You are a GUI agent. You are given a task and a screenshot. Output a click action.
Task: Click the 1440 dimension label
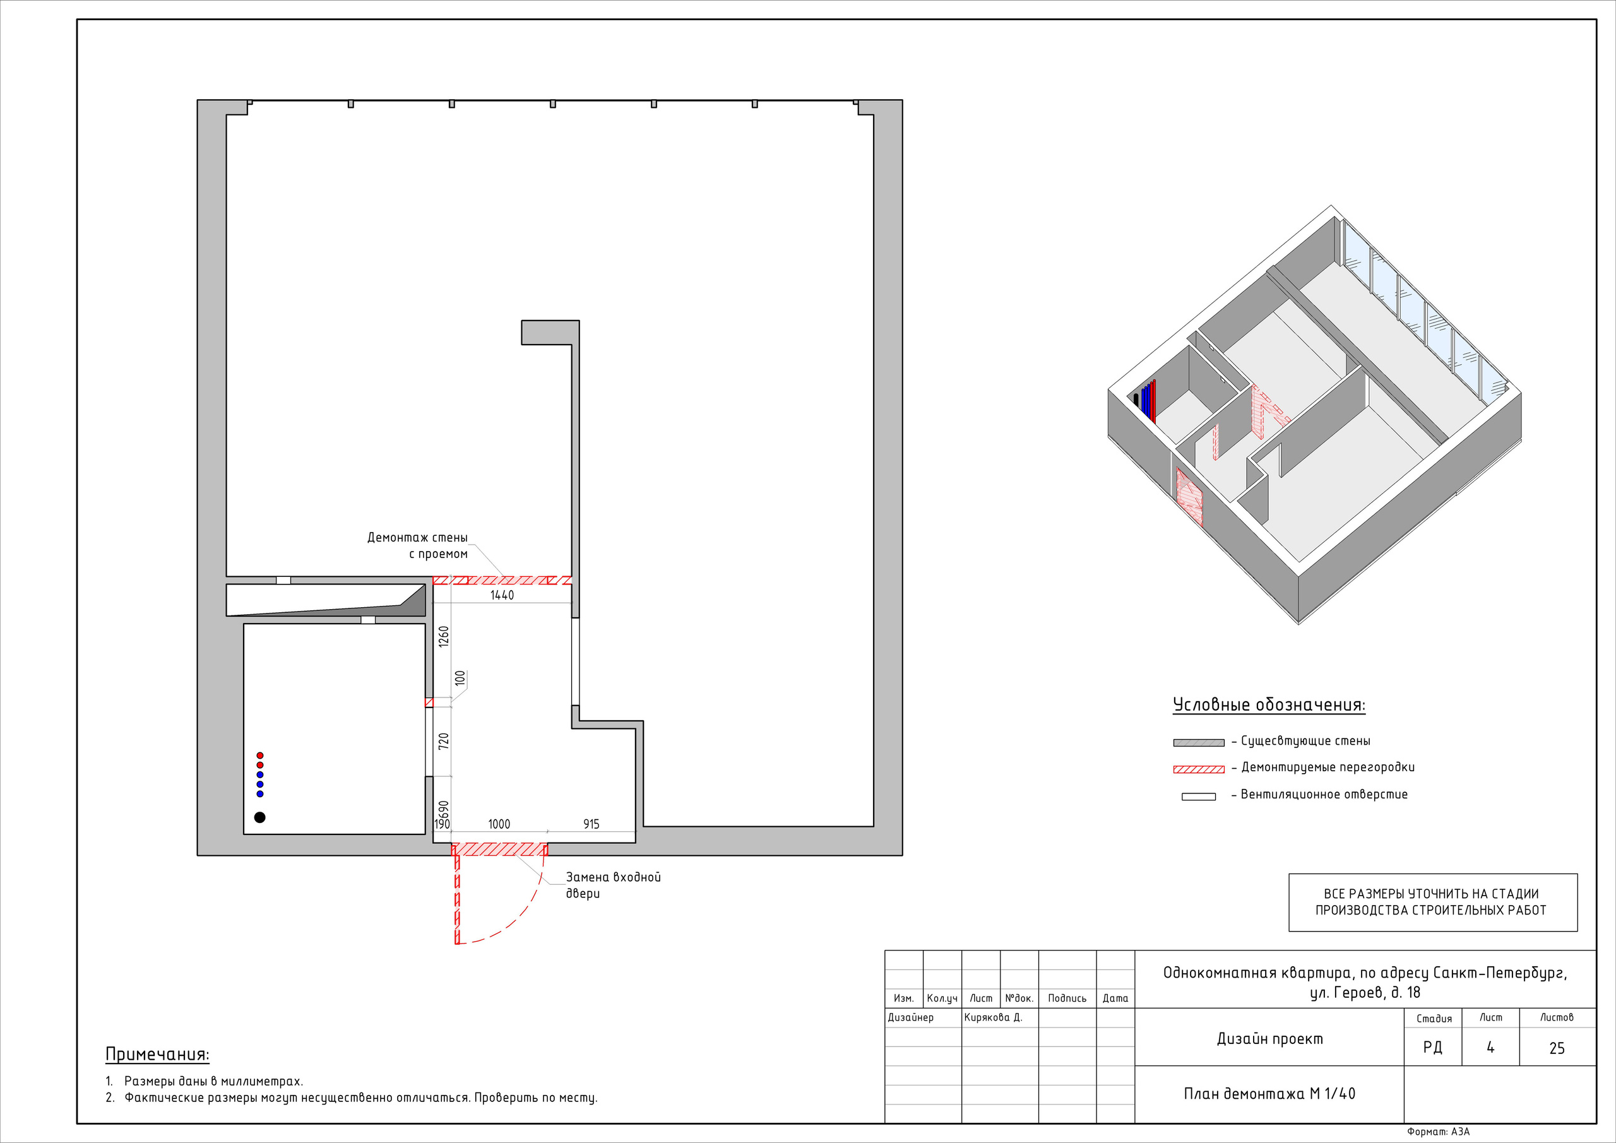(502, 595)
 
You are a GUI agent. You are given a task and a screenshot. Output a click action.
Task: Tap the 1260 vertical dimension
(443, 637)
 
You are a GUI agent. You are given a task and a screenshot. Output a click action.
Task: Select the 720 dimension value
(443, 740)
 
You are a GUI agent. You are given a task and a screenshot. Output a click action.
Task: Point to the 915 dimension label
(591, 824)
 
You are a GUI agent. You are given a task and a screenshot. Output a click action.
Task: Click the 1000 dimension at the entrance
(499, 824)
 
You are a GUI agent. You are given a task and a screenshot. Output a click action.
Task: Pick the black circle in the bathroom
(259, 817)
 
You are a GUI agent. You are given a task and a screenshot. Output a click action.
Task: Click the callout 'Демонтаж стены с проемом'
(417, 545)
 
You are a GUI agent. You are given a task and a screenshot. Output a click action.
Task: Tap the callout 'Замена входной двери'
(613, 885)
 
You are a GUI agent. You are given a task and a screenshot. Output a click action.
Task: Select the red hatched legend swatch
(1199, 769)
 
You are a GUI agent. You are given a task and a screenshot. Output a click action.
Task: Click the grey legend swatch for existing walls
(1199, 742)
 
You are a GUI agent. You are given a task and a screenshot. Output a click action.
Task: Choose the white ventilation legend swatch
(1199, 797)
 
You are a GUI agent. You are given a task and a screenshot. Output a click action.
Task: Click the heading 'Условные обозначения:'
(1269, 705)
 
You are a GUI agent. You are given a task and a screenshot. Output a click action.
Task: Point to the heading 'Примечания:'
(157, 1054)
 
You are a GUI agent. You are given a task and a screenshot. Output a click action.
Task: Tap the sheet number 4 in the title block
(1490, 1047)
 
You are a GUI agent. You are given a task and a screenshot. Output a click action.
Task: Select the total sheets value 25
(1557, 1048)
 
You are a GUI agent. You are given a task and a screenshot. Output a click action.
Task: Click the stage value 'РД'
(1432, 1048)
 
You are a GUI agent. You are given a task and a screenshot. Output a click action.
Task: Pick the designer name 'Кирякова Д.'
(993, 1017)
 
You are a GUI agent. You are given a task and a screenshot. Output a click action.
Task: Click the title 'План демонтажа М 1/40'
(1269, 1094)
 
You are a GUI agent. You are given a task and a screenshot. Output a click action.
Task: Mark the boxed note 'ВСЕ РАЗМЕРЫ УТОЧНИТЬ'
(1433, 903)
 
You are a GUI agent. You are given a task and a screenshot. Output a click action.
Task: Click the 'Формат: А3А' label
(1438, 1132)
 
